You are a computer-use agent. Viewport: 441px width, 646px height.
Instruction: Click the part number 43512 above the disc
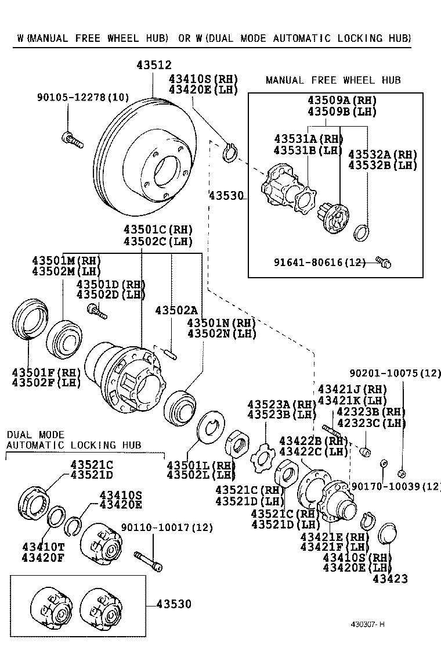point(154,66)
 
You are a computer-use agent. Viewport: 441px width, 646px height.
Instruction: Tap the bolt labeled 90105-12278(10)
point(72,139)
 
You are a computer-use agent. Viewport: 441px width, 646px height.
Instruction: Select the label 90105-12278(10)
point(83,98)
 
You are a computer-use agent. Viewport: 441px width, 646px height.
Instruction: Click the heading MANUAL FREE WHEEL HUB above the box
point(333,80)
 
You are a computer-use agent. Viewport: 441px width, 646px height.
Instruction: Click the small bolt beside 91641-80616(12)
point(383,263)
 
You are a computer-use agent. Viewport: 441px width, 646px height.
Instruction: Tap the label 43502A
point(176,311)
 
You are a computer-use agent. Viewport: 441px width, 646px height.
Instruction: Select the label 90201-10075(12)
point(395,374)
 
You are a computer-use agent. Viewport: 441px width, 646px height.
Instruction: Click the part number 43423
point(390,579)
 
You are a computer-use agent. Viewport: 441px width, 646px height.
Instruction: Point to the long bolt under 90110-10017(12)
point(148,561)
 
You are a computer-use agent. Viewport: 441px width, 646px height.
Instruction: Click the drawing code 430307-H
point(367,625)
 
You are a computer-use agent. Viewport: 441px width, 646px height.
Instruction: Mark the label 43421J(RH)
point(352,389)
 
